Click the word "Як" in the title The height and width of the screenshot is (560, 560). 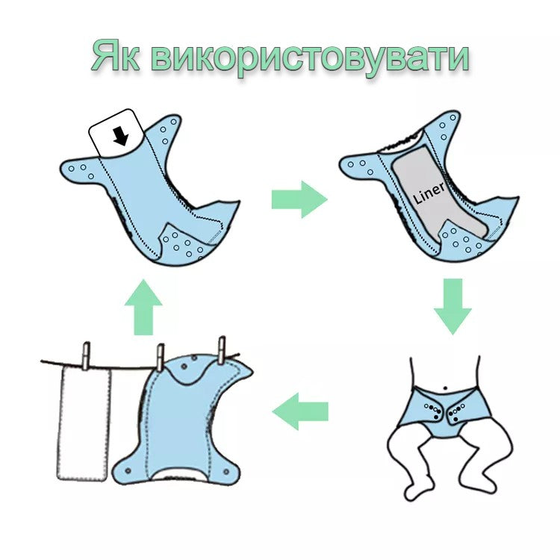(115, 57)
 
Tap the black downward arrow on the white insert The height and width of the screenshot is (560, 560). (121, 137)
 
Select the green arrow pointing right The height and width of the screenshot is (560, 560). (299, 199)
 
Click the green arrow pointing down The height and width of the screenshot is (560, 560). (453, 306)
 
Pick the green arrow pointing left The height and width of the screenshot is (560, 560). (300, 411)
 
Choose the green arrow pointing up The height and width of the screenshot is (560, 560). (143, 307)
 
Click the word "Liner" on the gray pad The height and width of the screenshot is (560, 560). (429, 193)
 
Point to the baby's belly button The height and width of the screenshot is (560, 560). (445, 388)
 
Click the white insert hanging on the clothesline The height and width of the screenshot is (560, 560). (84, 423)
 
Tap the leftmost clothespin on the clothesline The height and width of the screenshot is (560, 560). (87, 356)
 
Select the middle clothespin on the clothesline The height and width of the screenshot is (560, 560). (161, 358)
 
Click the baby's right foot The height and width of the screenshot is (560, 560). (414, 492)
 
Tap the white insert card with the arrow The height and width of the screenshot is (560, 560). (116, 134)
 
